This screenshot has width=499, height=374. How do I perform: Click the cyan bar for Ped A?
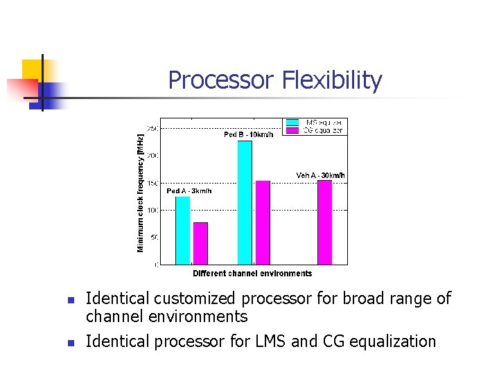pos(182,230)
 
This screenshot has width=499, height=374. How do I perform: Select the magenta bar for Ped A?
pos(200,243)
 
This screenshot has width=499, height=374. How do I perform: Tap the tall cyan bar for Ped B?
pos(245,202)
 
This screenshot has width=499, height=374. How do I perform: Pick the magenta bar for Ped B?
pos(263,222)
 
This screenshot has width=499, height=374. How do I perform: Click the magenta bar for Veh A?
pos(324,222)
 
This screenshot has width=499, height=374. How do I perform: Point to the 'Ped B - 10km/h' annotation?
pos(248,134)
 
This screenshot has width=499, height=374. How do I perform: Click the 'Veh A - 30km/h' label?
pos(320,175)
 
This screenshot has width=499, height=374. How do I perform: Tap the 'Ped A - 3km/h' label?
pos(189,190)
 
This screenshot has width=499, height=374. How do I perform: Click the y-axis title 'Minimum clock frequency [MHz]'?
pos(141,193)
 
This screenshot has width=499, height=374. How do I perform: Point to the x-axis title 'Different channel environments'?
pos(252,274)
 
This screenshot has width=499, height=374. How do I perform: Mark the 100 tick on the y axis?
pos(153,210)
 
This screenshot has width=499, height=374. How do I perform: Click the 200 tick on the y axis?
pos(153,155)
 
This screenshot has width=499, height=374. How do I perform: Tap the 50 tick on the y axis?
pos(155,237)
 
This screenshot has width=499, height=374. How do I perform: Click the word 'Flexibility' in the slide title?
pos(332,80)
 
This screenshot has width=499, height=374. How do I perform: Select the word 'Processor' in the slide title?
pos(221,80)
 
